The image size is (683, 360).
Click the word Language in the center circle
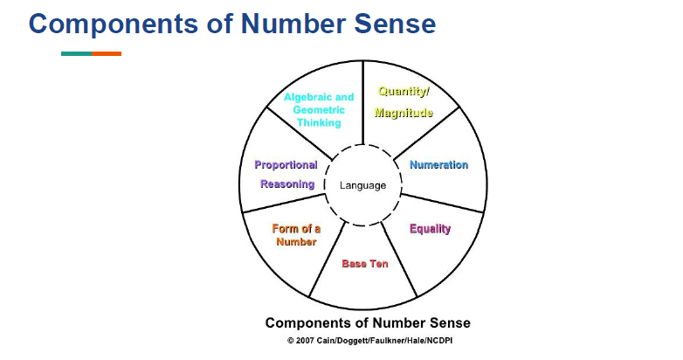pos(362,186)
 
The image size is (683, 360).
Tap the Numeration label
pos(438,165)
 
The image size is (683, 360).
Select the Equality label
pos(430,229)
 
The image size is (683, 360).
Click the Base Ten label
pos(365,264)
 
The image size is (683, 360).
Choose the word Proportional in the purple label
pos(286,164)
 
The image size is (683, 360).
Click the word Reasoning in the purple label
pos(286,184)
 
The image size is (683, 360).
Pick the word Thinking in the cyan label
pos(319,123)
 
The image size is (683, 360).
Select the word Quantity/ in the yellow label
pos(404,91)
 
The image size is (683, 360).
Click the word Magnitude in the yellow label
pos(404,114)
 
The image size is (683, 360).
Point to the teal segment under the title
pos(76,54)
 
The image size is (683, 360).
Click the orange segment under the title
pos(107,54)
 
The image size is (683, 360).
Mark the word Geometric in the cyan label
pos(319,111)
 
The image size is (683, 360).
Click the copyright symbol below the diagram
pos(290,340)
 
